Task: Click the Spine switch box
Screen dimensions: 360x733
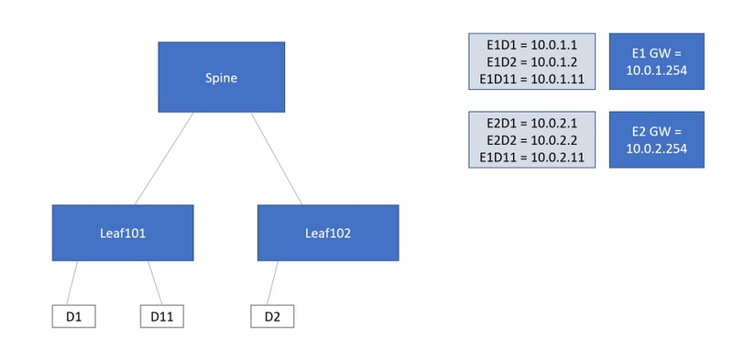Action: coord(221,78)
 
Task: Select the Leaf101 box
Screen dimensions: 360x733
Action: coord(123,233)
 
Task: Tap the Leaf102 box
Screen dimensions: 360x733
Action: coord(327,233)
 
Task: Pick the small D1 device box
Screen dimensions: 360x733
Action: coord(74,317)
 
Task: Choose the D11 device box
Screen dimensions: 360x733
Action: coord(162,317)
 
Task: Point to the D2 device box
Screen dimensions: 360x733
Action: coord(272,317)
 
